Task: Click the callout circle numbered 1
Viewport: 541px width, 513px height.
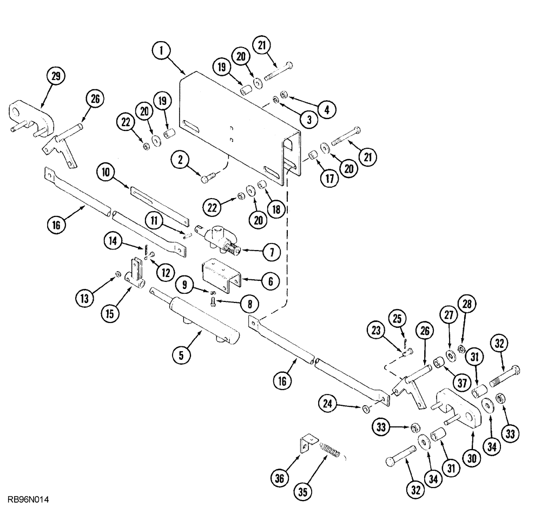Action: pos(160,51)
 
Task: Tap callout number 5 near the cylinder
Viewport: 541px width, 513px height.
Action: pos(181,356)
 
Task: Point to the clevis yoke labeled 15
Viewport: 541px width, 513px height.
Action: pos(136,273)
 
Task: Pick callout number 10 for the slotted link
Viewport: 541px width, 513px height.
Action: pos(107,173)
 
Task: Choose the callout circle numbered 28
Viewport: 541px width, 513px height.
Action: pos(467,304)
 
